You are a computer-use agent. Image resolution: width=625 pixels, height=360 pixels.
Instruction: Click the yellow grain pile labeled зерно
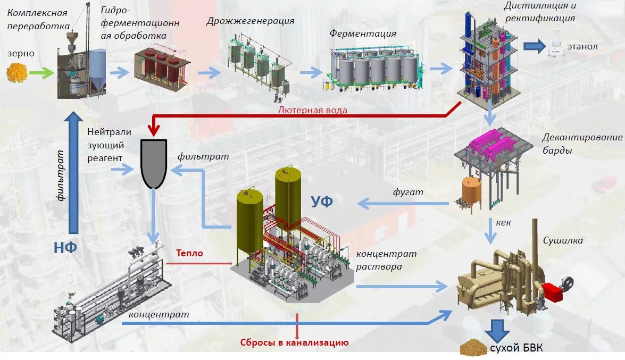coord(17,73)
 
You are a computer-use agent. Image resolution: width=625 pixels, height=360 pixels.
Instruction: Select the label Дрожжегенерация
coord(250,21)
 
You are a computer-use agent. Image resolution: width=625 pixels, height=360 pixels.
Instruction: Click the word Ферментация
coord(362,34)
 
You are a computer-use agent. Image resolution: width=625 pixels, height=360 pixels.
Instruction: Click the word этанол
coord(582,47)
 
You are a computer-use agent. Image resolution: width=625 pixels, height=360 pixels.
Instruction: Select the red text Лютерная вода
coord(313,110)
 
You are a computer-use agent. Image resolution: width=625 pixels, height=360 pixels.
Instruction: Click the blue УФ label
coord(322,202)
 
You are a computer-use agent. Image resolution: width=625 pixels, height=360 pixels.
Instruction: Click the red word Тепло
coord(190,253)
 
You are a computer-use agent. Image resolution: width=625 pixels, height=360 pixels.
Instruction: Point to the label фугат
coord(408,192)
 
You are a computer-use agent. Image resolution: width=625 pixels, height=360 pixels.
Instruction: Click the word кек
coord(503,222)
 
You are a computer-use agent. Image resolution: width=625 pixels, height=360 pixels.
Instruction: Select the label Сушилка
coord(563,240)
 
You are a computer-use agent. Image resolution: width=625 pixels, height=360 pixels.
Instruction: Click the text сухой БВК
coord(515,348)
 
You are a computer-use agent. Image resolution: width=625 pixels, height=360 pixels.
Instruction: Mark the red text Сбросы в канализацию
coord(294,343)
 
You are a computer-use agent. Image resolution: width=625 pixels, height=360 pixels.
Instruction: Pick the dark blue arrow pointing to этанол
coord(534,46)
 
